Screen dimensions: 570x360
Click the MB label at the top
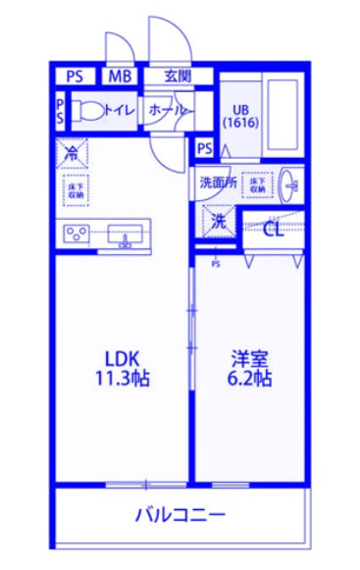(x=121, y=76)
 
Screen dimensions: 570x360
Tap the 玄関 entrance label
(x=178, y=76)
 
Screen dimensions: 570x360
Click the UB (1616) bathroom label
(x=239, y=117)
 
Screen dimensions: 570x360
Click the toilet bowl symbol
(x=86, y=111)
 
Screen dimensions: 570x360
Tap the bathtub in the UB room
(x=283, y=117)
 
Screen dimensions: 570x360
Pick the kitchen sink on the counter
(x=125, y=235)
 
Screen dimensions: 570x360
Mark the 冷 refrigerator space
(x=75, y=152)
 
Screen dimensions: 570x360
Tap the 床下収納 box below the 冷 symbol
(x=76, y=190)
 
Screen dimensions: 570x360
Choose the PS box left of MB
(x=75, y=76)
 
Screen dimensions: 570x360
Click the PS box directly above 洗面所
(x=204, y=149)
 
